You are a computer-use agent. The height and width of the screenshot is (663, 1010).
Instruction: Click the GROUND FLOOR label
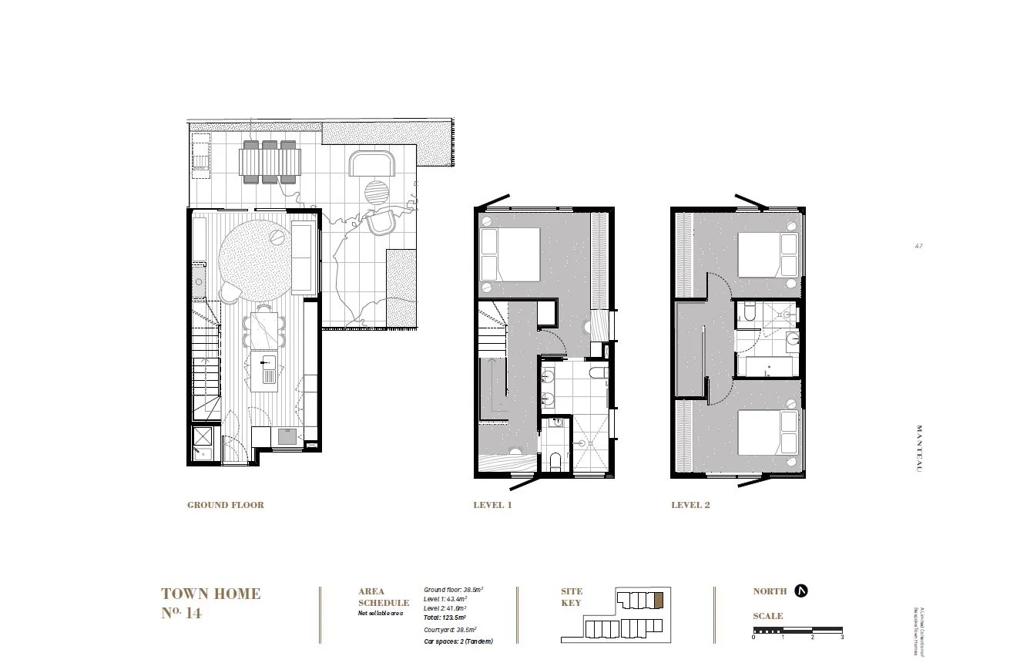tap(225, 506)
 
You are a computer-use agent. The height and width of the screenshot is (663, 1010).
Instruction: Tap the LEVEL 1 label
tap(492, 506)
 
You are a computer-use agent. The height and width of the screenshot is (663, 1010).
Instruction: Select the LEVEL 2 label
tap(690, 506)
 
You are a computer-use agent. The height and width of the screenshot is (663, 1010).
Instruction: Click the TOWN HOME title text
tap(210, 594)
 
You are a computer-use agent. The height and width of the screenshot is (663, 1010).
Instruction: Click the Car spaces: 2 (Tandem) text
tap(458, 641)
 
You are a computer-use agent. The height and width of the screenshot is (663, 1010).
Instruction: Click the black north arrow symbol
tap(801, 591)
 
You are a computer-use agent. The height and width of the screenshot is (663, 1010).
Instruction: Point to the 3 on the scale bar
tap(842, 638)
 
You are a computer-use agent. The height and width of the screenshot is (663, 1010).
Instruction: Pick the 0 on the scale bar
tap(754, 638)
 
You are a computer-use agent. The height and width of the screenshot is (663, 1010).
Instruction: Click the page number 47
tap(918, 247)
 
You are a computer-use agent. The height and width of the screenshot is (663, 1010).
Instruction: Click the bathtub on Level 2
tap(767, 365)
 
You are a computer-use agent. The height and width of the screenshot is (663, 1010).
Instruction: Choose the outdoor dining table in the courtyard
tap(270, 162)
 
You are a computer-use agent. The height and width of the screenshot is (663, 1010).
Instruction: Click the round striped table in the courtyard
tap(377, 192)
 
